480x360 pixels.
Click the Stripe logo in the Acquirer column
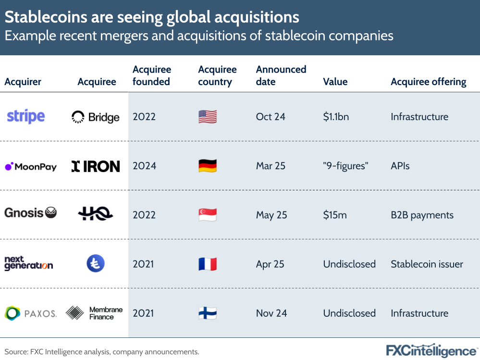tap(25, 116)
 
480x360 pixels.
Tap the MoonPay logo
tap(30, 167)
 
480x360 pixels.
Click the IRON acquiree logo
tap(96, 166)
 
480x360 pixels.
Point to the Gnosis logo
tap(30, 212)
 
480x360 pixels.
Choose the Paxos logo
tap(30, 313)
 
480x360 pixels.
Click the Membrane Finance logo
tap(94, 313)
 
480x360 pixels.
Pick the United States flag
tap(208, 117)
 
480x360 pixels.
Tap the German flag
tap(208, 166)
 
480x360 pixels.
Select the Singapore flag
tap(208, 215)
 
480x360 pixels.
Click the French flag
tap(208, 264)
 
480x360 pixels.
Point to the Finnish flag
tap(208, 313)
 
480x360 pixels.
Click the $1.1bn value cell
tap(336, 117)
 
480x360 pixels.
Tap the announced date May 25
tap(271, 215)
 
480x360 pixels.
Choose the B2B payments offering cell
tap(422, 215)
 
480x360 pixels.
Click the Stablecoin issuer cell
tap(427, 264)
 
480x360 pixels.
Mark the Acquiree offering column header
tap(428, 82)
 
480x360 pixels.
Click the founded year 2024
tap(144, 166)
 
